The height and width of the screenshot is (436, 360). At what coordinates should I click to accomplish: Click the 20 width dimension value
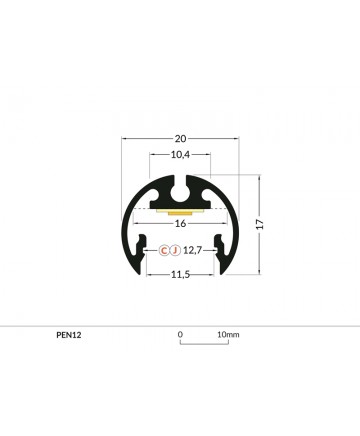point(180,138)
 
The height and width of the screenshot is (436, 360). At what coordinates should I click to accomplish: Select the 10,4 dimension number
point(180,155)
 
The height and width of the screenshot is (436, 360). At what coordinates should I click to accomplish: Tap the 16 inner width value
point(180,223)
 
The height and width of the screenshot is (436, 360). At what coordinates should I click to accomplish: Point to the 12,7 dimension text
point(192,250)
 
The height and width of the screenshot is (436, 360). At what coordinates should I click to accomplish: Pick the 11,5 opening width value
point(180,275)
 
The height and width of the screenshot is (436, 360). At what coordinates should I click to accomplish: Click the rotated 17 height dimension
point(260,224)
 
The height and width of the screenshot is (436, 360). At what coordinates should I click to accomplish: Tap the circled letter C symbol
point(164,250)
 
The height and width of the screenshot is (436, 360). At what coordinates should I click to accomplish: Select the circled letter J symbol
point(175,250)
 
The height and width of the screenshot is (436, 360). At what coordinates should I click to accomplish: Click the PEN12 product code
point(69,335)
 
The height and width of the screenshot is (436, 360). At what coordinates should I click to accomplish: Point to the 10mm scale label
point(228,334)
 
